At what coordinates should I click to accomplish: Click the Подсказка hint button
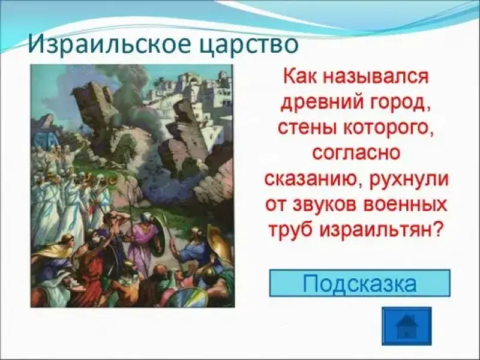point(359,283)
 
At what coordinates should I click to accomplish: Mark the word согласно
point(356,153)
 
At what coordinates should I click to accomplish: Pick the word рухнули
point(409,179)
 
